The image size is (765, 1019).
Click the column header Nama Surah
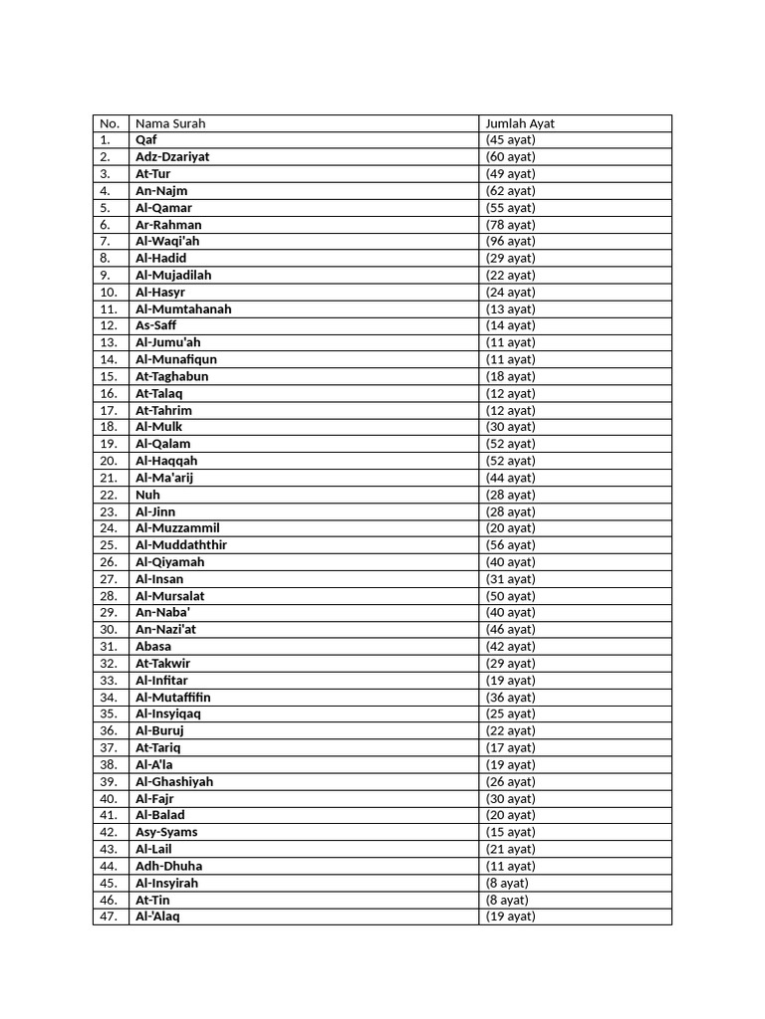coord(170,123)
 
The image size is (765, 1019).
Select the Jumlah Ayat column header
coord(520,123)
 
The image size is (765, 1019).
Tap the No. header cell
coord(110,123)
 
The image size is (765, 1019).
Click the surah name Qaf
coord(146,140)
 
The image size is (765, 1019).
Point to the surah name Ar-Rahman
coord(168,225)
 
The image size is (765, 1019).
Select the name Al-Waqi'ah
coord(167,242)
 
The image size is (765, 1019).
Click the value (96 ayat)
coord(510,242)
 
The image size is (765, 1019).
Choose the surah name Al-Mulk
coord(159,427)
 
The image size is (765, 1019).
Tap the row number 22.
coord(109,495)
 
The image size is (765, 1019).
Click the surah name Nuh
coord(147,495)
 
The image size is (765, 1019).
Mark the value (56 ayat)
coord(510,545)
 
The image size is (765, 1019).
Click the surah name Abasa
coord(153,647)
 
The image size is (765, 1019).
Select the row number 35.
coord(109,714)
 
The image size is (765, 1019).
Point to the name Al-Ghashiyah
coord(174,782)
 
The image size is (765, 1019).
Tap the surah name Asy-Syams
coord(166,832)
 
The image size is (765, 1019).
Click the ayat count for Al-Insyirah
coord(507,883)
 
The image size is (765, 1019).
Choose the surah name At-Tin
coord(152,900)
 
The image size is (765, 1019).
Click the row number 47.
coord(109,917)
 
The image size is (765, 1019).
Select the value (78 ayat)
coord(510,225)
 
